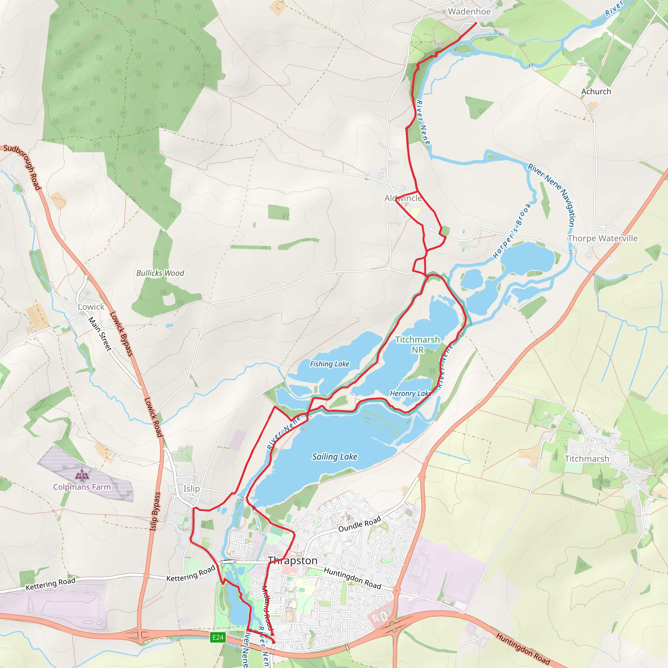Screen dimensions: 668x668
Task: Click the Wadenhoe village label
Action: (469, 12)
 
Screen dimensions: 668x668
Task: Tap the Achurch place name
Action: (596, 92)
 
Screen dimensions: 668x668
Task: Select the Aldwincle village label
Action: (403, 198)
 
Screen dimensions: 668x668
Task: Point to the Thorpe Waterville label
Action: (602, 238)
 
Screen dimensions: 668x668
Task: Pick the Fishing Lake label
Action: (329, 364)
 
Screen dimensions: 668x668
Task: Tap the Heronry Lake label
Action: (410, 393)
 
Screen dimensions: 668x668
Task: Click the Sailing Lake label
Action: (334, 457)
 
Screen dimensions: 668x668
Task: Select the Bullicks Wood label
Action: (160, 273)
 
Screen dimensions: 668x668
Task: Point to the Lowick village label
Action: (91, 307)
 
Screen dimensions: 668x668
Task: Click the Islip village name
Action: (191, 489)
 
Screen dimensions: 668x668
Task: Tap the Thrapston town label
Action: (293, 560)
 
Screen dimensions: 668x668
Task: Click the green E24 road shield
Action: (218, 637)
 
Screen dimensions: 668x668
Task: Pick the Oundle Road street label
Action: (359, 524)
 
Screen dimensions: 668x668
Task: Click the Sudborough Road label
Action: (23, 167)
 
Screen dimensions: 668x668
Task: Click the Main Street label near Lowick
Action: (100, 334)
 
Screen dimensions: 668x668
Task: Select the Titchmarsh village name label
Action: (587, 459)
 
